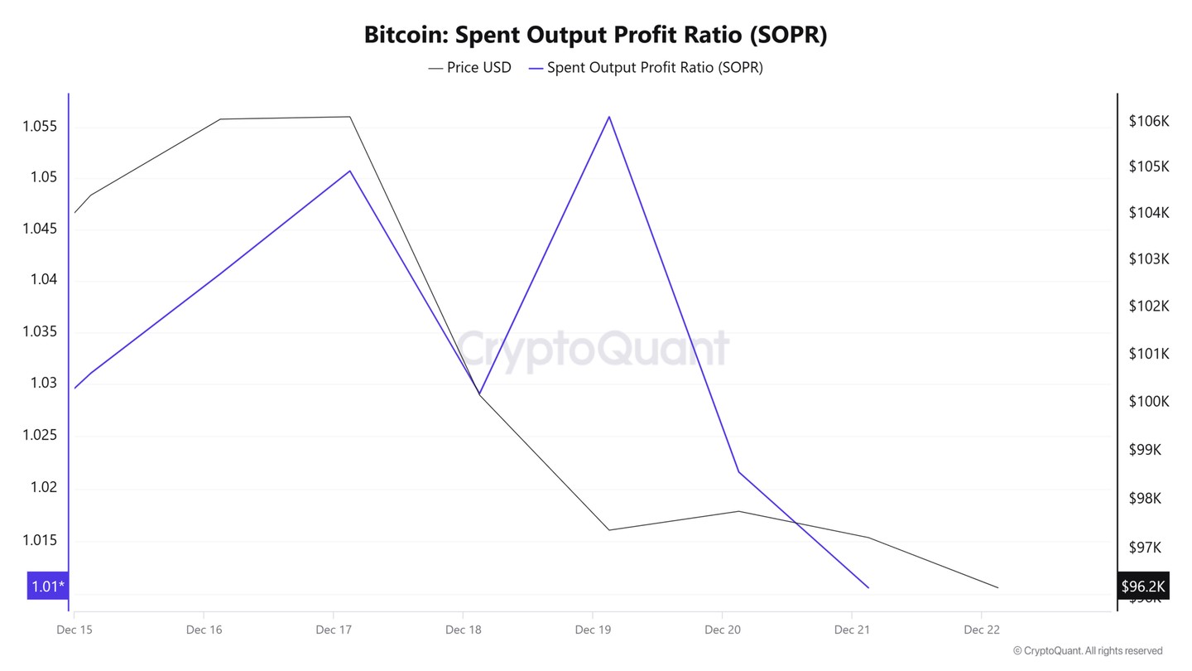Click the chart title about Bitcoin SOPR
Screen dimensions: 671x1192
[x=595, y=35]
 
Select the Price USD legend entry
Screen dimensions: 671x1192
[x=469, y=68]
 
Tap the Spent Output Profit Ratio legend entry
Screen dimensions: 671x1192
[x=646, y=68]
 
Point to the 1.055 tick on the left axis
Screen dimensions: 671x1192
[x=40, y=127]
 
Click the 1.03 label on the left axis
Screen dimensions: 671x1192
[x=43, y=383]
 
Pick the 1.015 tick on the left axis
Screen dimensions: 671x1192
[x=40, y=540]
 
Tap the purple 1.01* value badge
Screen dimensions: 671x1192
[x=48, y=587]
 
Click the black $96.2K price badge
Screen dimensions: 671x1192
[x=1142, y=587]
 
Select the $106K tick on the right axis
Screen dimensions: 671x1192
[x=1148, y=121]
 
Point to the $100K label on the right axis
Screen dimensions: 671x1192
[x=1148, y=401]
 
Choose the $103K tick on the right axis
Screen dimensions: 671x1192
[x=1148, y=259]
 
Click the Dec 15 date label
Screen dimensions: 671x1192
[x=74, y=630]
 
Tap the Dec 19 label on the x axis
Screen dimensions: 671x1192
[x=593, y=630]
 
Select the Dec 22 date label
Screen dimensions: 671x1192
[x=982, y=630]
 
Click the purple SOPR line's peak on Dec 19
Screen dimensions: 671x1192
[x=609, y=117]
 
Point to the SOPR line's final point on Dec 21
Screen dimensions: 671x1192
[x=868, y=587]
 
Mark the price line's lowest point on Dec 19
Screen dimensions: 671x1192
[x=609, y=530]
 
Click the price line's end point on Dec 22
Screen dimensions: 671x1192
[x=998, y=587]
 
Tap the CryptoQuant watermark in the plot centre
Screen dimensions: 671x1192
[x=594, y=348]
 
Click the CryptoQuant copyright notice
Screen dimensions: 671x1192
[x=1087, y=651]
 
